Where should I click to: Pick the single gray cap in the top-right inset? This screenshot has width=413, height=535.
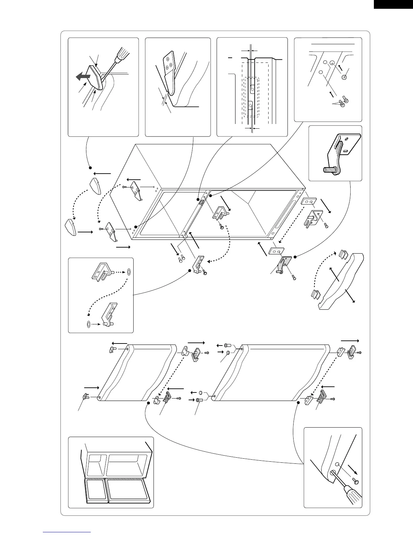(344, 77)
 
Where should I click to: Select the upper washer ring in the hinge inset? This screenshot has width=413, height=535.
(130, 272)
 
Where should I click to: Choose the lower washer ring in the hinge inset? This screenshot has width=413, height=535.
(88, 324)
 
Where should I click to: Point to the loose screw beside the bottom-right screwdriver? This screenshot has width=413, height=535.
(355, 480)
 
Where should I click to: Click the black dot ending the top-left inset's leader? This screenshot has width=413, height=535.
(90, 168)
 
